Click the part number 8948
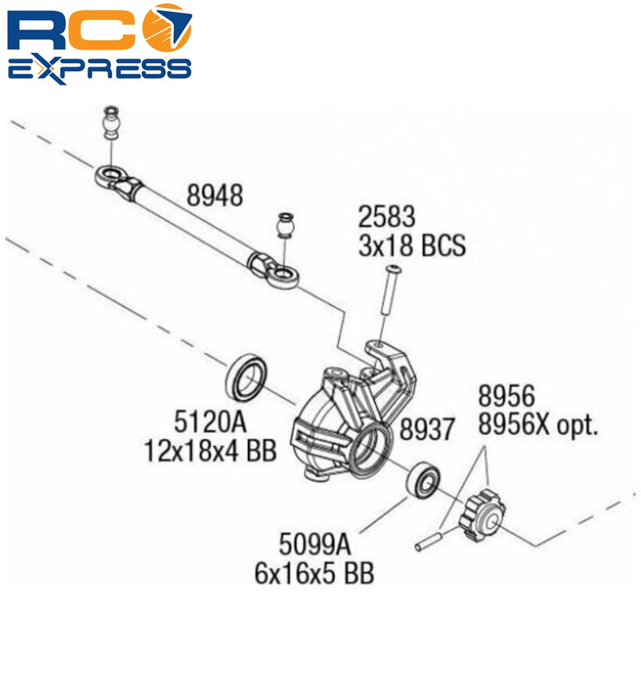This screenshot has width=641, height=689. (x=215, y=195)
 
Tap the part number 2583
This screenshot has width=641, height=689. (x=386, y=216)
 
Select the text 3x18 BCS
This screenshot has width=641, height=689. (x=411, y=244)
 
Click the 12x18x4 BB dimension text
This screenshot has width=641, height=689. (x=210, y=449)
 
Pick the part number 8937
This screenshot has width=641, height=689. (x=427, y=430)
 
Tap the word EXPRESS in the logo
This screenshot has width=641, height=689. (x=99, y=67)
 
